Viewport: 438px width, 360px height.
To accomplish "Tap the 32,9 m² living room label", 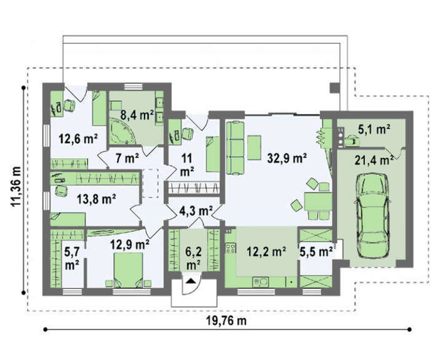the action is [x=287, y=159].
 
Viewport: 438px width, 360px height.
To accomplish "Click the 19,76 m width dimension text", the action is [x=227, y=321].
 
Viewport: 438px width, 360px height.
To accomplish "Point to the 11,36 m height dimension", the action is [x=16, y=186].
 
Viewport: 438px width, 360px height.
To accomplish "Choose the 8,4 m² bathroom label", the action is [x=137, y=114].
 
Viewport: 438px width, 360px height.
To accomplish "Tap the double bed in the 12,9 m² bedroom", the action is [x=128, y=270].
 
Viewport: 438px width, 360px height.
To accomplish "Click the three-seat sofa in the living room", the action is [x=235, y=148].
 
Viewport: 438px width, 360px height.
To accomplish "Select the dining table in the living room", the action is [x=318, y=201].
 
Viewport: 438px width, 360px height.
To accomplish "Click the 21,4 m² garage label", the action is [x=374, y=161].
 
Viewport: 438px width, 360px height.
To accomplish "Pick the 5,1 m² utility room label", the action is [x=374, y=129].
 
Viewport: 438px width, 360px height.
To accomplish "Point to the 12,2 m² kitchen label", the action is [x=266, y=251].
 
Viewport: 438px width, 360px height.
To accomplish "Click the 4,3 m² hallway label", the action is [x=196, y=211].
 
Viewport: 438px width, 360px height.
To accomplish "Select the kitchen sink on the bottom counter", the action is [x=260, y=282].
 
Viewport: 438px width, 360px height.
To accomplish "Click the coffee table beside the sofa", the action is [x=254, y=147].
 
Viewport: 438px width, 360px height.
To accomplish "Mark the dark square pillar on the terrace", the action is [x=334, y=88].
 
